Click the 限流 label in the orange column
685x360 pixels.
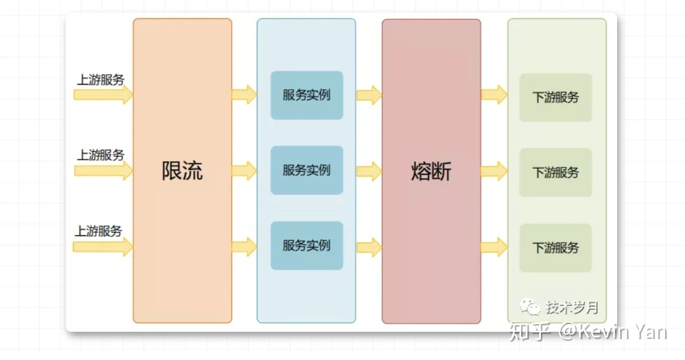pos(182,171)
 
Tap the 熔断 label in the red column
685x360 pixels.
pos(431,171)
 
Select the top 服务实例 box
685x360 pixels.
pos(307,95)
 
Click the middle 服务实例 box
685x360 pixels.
pos(307,170)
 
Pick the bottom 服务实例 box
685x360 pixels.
pos(307,246)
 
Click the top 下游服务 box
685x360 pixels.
pos(555,98)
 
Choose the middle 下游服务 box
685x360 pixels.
pos(555,172)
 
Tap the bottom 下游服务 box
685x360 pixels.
pos(555,248)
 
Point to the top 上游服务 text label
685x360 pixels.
pos(100,80)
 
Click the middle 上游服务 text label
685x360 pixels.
pos(100,155)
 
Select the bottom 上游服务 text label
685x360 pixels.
pos(98,230)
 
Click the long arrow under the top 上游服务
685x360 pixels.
pos(103,95)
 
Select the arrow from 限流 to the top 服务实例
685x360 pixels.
pos(244,95)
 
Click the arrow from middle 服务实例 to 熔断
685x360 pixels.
pos(369,171)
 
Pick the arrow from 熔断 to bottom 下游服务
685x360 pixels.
pos(494,247)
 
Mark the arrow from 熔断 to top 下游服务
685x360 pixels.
pos(494,95)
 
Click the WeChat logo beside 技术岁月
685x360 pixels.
pos(530,306)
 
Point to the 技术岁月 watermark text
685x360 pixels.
pos(572,308)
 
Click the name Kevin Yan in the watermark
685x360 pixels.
pos(622,332)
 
